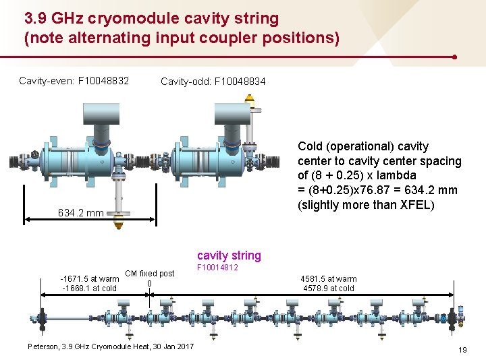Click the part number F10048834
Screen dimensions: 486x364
click(x=240, y=82)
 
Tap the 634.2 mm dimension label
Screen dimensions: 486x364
click(x=80, y=213)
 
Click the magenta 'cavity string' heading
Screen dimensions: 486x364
click(x=229, y=255)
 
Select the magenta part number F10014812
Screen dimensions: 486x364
click(x=217, y=268)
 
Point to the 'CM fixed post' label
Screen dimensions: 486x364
click(x=150, y=274)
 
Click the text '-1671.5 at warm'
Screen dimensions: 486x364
click(x=90, y=278)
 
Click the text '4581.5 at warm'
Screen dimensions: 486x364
click(x=329, y=278)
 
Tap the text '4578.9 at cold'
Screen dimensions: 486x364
click(x=329, y=289)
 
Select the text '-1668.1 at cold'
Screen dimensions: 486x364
click(x=89, y=289)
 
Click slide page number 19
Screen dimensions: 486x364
click(x=462, y=350)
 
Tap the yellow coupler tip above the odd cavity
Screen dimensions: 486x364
click(x=249, y=99)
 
